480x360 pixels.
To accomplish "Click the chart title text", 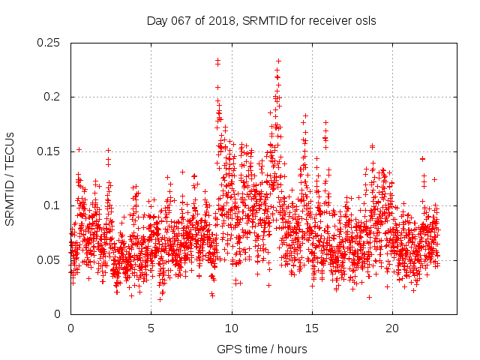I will point(261,21).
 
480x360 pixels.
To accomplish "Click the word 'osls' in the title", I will point(364,21).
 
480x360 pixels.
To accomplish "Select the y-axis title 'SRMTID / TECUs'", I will point(10,178).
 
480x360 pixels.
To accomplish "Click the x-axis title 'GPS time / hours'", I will point(261,349).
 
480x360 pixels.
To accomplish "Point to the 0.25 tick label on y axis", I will point(49,43).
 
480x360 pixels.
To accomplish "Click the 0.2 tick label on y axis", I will point(54,97).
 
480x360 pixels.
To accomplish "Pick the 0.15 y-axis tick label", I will point(49,151).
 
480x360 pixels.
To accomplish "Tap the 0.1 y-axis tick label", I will point(54,205).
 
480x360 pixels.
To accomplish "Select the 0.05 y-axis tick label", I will point(49,260).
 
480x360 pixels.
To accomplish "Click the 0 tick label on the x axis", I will point(70,328).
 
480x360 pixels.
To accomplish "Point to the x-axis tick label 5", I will point(151,328).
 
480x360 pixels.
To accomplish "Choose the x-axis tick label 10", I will point(232,328).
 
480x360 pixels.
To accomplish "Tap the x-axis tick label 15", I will point(312,328).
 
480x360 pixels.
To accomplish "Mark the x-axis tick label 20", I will point(392,328).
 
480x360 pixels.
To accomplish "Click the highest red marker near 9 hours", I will point(217,61).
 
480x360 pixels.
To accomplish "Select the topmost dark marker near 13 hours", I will point(278,61).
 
